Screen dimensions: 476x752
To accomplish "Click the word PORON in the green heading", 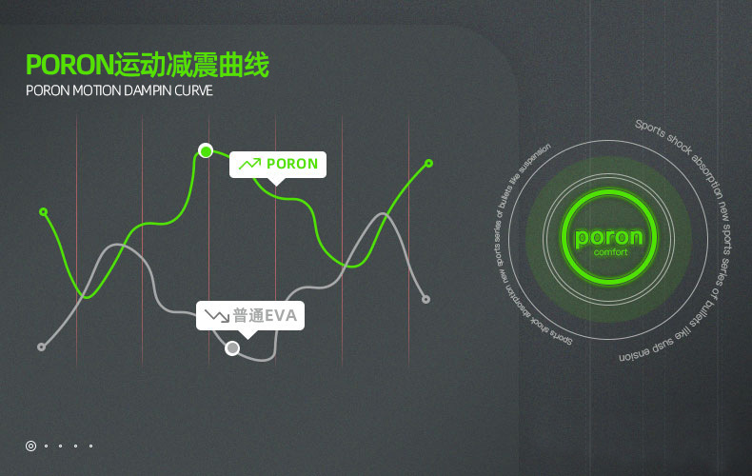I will point(69,66).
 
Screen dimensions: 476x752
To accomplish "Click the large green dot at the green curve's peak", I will point(205,150).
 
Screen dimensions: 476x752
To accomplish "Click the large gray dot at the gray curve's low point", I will point(232,348).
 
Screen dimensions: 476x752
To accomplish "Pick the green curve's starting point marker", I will point(43,211).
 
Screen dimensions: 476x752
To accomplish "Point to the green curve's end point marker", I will point(428,164).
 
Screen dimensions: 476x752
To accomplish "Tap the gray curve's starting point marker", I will point(41,347).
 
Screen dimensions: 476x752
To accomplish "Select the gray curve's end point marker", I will point(425,299).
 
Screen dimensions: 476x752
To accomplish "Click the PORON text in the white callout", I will point(292,164).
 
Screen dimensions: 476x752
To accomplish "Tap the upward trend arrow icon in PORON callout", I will point(249,164).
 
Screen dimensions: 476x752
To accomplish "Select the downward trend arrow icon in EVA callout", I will point(216,315).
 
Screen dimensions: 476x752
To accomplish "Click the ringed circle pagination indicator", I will point(30,445).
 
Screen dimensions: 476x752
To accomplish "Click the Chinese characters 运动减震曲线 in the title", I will point(190,66).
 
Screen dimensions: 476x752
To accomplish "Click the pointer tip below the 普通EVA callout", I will point(247,335).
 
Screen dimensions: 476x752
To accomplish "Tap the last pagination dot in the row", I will point(90,445).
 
